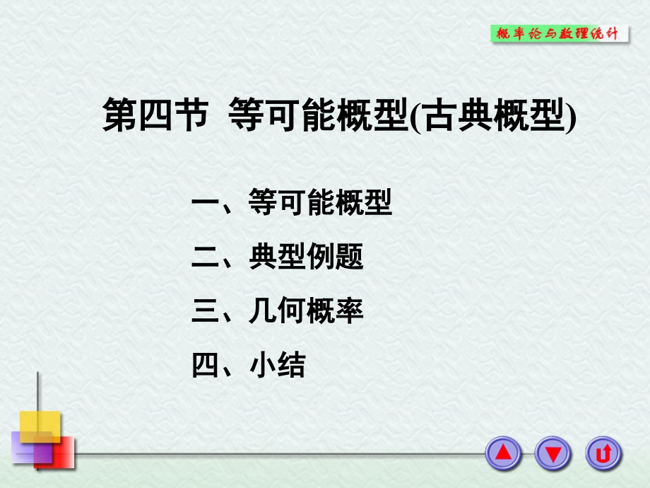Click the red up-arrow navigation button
tap(503, 453)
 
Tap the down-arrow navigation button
tap(552, 453)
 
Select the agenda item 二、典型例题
tap(277, 257)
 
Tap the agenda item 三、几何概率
tap(277, 311)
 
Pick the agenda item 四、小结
tap(248, 365)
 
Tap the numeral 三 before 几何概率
tap(206, 311)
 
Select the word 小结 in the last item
tap(277, 365)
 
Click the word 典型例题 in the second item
tap(306, 257)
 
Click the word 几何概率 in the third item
tap(306, 311)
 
